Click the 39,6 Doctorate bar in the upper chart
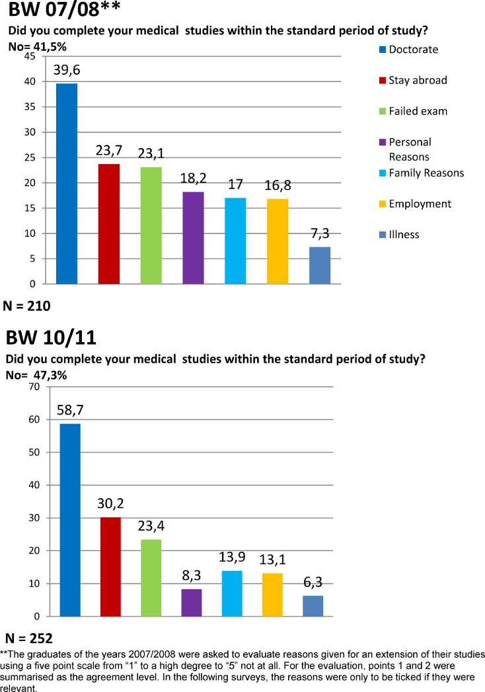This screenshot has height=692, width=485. pyautogui.click(x=66, y=184)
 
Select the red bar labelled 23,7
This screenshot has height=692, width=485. pyautogui.click(x=108, y=224)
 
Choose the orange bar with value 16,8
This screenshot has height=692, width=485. pyautogui.click(x=278, y=241)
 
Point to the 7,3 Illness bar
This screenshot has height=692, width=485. pyautogui.click(x=320, y=265)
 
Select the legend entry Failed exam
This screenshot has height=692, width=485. pyautogui.click(x=418, y=110)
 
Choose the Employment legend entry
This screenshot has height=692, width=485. pyautogui.click(x=420, y=204)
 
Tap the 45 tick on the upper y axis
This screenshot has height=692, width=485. pyautogui.click(x=28, y=56)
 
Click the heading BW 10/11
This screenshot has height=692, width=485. pyautogui.click(x=52, y=339)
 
